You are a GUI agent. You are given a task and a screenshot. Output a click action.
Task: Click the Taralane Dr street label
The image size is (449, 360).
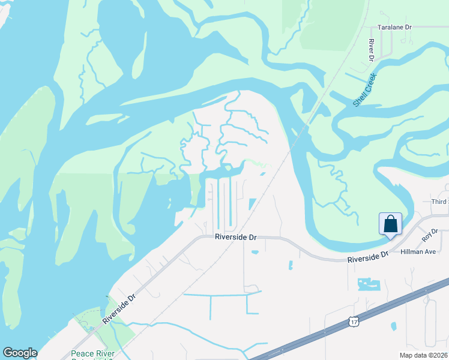(394, 28)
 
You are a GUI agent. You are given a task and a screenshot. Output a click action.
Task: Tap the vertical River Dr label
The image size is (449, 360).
(372, 50)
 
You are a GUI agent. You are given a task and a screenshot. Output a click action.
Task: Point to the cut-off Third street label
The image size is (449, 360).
(440, 202)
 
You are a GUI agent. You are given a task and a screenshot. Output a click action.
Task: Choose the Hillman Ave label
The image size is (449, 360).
(418, 252)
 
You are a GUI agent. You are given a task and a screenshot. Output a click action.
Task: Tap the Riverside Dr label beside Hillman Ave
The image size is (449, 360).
(368, 256)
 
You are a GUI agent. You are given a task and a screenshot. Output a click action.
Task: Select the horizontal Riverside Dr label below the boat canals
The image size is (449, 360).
(236, 238)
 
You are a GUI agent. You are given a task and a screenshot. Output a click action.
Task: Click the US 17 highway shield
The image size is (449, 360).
(354, 322)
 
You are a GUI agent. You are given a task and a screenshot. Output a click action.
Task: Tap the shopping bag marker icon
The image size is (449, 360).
(390, 224)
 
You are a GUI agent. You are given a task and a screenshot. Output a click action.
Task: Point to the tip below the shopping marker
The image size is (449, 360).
(390, 238)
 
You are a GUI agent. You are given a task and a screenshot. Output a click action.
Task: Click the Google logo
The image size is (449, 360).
(20, 353)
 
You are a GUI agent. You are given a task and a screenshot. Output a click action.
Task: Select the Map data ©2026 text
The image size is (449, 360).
(424, 355)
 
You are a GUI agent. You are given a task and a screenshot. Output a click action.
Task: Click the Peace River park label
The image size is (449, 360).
(96, 354)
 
